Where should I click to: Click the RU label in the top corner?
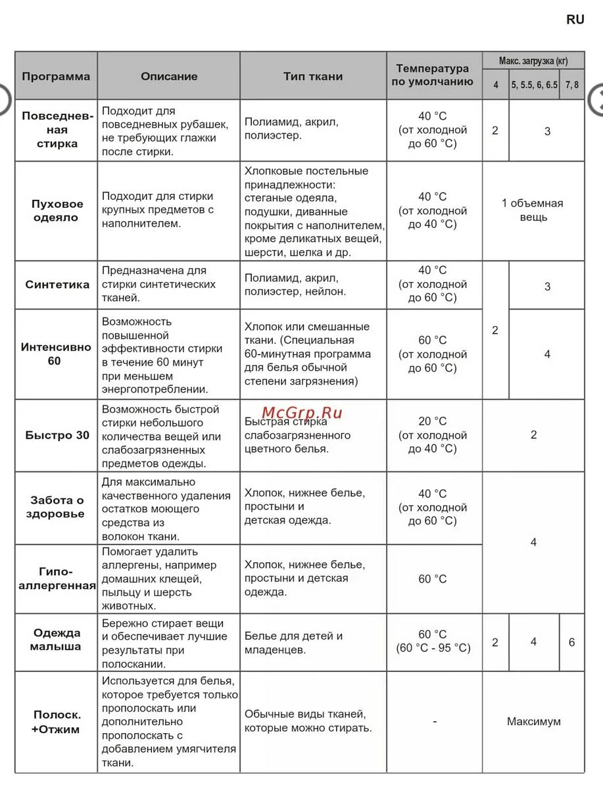pyautogui.click(x=575, y=20)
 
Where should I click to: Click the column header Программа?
pyautogui.click(x=56, y=76)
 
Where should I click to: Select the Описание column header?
pyautogui.click(x=169, y=76)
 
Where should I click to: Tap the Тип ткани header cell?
pyautogui.click(x=313, y=76)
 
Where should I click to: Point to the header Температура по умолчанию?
pyautogui.click(x=433, y=76)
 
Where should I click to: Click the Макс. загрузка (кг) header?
pyautogui.click(x=533, y=61)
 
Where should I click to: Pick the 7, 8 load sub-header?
pyautogui.click(x=571, y=85)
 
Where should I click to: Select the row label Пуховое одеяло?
pyautogui.click(x=56, y=210)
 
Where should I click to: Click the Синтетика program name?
pyautogui.click(x=57, y=285)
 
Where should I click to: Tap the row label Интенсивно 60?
pyautogui.click(x=56, y=354)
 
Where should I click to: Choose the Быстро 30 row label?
pyautogui.click(x=57, y=435)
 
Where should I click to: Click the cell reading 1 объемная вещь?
pyautogui.click(x=533, y=210)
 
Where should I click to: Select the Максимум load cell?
pyautogui.click(x=533, y=721)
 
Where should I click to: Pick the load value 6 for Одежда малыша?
pyautogui.click(x=571, y=642)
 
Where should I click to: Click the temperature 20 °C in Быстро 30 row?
pyautogui.click(x=432, y=421)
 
